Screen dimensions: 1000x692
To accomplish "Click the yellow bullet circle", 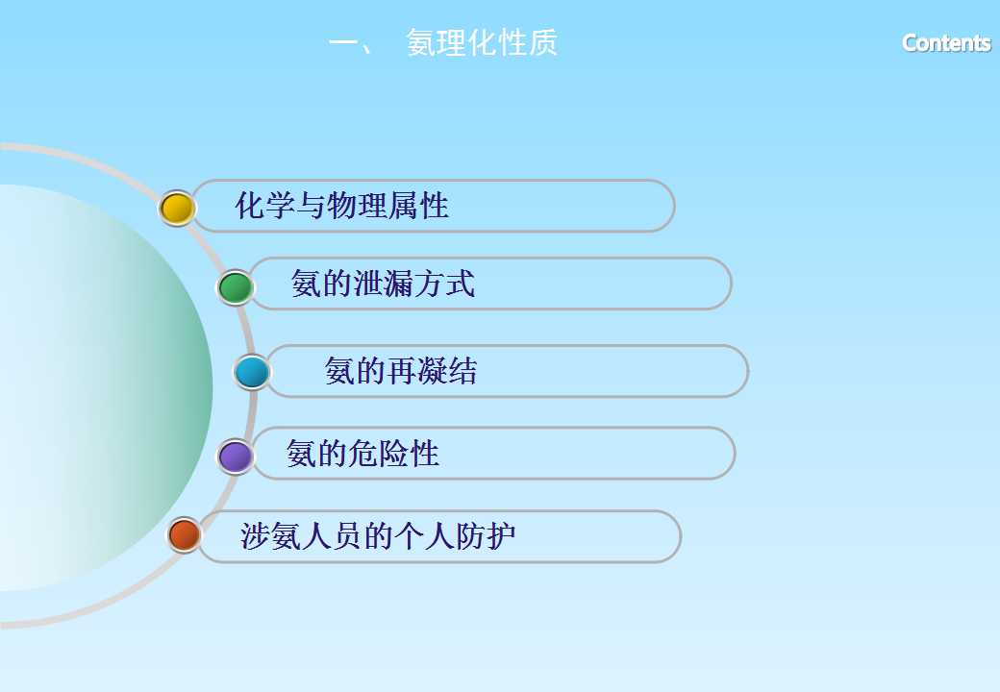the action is (177, 208).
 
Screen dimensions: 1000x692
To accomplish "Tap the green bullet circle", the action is (236, 287).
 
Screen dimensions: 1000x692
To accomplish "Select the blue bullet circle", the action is (252, 372).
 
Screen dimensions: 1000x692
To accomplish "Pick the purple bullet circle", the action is (236, 457).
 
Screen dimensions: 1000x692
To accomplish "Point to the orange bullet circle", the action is (185, 534).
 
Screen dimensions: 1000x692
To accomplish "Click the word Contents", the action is (946, 42).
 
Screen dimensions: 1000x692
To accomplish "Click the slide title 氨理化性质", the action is (482, 43).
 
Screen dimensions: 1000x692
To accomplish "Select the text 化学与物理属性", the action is (342, 206).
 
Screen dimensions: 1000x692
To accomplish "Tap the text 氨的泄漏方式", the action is (383, 284).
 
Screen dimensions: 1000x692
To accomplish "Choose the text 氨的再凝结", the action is (401, 371).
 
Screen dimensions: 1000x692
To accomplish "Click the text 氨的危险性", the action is (362, 454).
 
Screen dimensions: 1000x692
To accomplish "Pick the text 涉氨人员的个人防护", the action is (378, 536).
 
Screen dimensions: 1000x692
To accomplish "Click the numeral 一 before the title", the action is (344, 43).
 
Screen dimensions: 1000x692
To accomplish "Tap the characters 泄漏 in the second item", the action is (384, 284).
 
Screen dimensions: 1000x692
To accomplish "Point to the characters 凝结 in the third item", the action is (446, 371).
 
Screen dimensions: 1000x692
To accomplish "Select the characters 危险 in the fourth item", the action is (378, 454).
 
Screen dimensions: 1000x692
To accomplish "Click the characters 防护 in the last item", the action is (485, 536).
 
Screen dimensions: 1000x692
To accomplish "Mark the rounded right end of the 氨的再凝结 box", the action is (747, 371).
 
